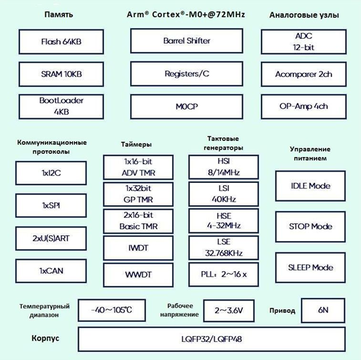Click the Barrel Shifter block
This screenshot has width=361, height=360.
coord(187,41)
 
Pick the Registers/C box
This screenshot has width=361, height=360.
coord(187,73)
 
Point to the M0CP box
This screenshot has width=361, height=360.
coord(187,106)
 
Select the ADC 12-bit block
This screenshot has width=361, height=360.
coord(304,42)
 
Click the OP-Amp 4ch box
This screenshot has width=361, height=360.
coord(304,106)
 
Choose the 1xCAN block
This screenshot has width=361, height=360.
coord(50,271)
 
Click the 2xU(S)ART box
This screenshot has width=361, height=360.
coord(50,238)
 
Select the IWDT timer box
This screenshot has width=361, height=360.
coord(138,247)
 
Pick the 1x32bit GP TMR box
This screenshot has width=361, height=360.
coord(138,194)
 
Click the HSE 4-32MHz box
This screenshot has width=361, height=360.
coord(224,220)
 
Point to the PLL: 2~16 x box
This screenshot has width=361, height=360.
coord(224,275)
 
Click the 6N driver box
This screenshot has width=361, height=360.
coord(322,310)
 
